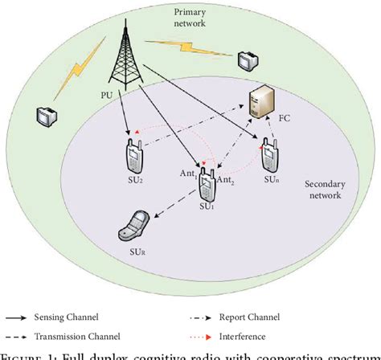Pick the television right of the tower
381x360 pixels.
click(245, 59)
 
